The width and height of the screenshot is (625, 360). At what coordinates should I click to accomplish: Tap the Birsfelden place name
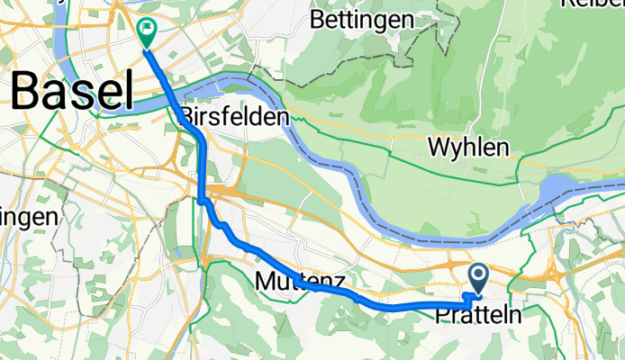pyautogui.click(x=234, y=116)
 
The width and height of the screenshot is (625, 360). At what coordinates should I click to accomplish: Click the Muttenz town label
pyautogui.click(x=300, y=282)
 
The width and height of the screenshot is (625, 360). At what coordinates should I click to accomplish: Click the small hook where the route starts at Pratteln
pyautogui.click(x=467, y=296)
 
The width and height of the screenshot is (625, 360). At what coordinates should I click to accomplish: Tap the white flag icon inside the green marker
pyautogui.click(x=146, y=30)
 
